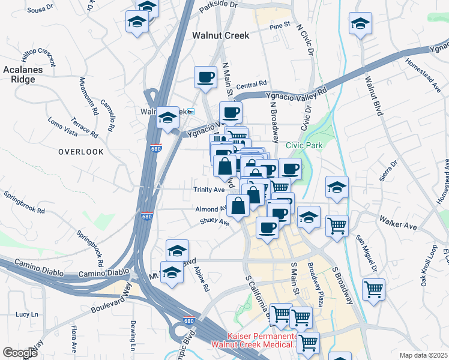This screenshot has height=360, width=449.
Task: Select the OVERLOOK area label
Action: [x=81, y=152]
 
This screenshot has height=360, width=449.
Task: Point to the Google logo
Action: [x=19, y=353]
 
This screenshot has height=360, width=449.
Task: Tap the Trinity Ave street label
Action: [x=208, y=190]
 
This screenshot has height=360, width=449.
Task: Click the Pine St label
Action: [x=280, y=26]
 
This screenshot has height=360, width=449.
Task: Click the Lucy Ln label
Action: [x=26, y=314]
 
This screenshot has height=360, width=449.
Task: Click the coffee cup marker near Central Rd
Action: [x=205, y=77]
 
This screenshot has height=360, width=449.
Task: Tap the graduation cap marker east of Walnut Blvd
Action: [x=360, y=25]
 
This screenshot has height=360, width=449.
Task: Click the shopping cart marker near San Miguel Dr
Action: [x=337, y=226]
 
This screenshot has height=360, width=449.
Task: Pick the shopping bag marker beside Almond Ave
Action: [x=238, y=205]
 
